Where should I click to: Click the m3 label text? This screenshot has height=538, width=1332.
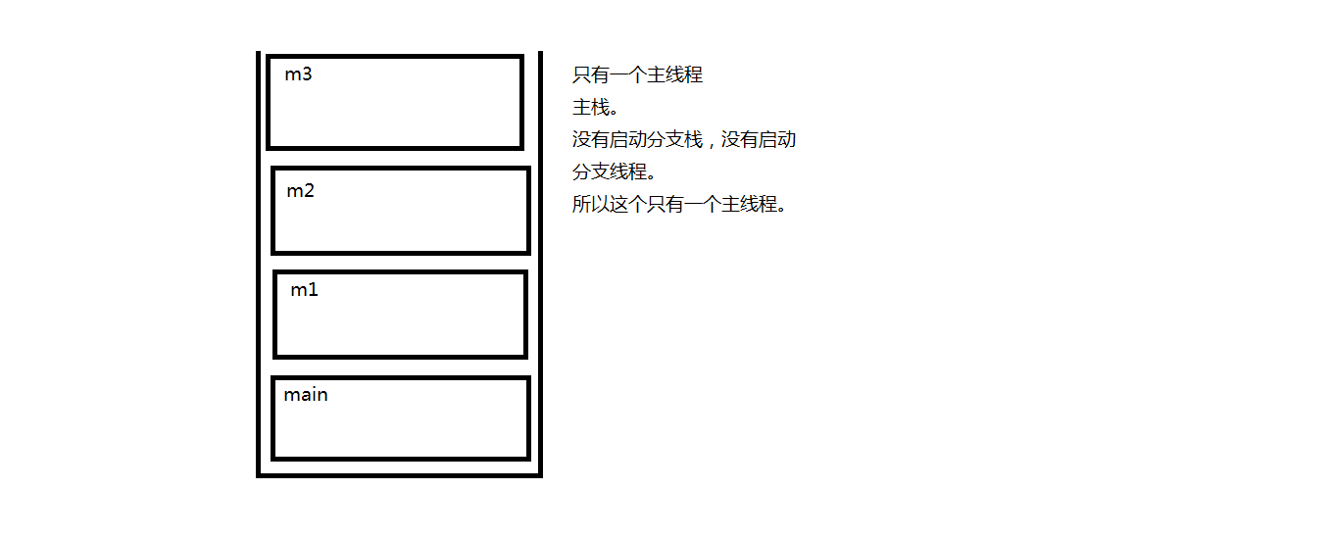298,74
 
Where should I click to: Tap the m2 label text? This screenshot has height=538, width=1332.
300,191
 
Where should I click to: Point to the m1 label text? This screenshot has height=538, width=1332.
304,290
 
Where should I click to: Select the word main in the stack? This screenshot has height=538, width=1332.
306,395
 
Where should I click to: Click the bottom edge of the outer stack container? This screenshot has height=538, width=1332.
399,475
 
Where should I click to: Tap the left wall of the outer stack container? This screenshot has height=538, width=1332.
259,265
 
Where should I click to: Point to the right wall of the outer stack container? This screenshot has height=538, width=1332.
540,265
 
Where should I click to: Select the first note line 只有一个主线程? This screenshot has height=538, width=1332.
637,74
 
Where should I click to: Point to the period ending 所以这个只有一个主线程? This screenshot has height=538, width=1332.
782,209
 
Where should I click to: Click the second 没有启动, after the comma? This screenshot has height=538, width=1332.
759,139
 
